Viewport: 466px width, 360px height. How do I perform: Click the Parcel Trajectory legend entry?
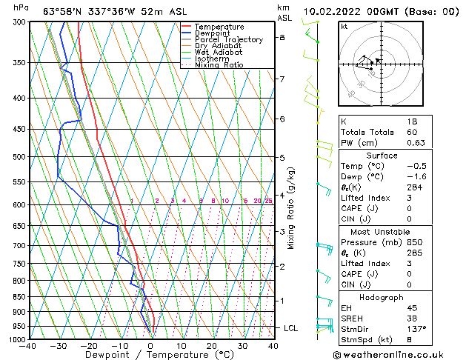pyautogui.click(x=228, y=39)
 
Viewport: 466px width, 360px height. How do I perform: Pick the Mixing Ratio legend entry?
pyautogui.click(x=219, y=65)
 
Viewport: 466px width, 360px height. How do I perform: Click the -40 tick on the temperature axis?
pyautogui.click(x=29, y=345)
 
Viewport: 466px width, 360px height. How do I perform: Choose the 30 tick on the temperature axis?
pyautogui.click(x=242, y=345)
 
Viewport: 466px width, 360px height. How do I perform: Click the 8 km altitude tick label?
pyautogui.click(x=282, y=37)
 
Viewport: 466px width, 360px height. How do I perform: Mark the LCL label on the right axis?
pyautogui.click(x=292, y=327)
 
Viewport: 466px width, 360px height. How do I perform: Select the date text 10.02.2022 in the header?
pyautogui.click(x=344, y=11)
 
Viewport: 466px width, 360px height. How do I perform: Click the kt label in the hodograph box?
pyautogui.click(x=344, y=26)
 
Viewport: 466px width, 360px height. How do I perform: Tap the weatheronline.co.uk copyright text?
pyautogui.click(x=401, y=355)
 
